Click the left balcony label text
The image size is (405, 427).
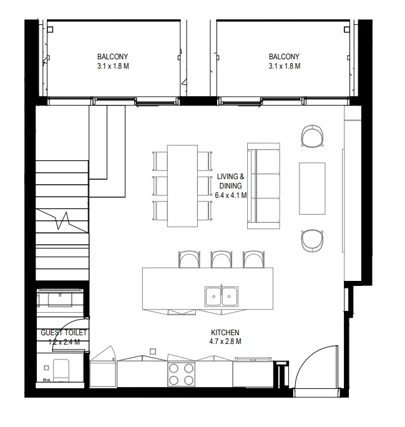pyautogui.click(x=113, y=60)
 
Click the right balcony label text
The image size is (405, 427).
pyautogui.click(x=284, y=60)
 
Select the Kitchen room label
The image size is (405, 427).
pyautogui.click(x=225, y=332)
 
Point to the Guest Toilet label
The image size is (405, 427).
pyautogui.click(x=64, y=333)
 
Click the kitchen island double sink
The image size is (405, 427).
pyautogui.click(x=221, y=295)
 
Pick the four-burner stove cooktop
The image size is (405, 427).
pyautogui.click(x=181, y=374)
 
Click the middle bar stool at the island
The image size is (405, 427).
pyautogui.click(x=221, y=259)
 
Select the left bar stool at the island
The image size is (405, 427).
pyautogui.click(x=188, y=259)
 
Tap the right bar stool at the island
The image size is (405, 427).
pyautogui.click(x=253, y=259)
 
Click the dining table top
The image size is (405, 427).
pyautogui.click(x=182, y=185)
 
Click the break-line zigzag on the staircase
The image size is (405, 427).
pyautogui.click(x=63, y=221)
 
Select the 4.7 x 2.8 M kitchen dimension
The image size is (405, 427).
pyautogui.click(x=225, y=341)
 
